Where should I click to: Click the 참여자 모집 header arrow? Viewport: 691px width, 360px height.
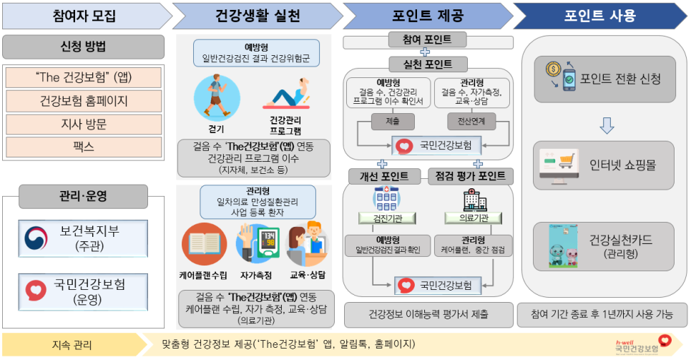84,15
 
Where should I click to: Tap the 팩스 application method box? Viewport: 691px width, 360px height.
84,147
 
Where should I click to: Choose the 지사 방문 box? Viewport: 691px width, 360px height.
84,125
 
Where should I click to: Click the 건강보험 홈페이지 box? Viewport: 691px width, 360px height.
84,101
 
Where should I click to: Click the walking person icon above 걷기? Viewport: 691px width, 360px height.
212,99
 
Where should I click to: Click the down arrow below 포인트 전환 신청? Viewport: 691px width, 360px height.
607,126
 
